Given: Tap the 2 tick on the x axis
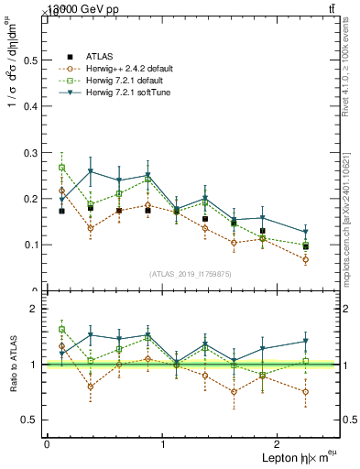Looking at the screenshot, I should pos(279,444).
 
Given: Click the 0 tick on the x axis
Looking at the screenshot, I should pos(47,444).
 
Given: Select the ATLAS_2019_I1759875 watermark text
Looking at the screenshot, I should pos(191,274).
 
